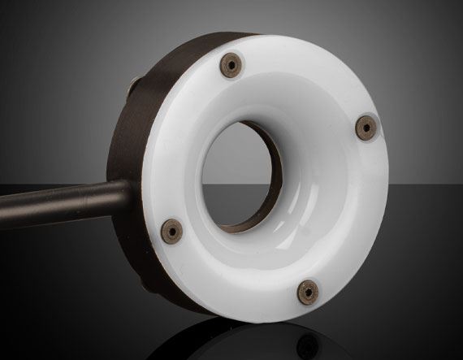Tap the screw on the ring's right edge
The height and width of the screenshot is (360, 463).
367,127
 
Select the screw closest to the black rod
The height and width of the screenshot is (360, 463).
172,229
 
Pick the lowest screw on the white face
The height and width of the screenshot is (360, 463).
309,290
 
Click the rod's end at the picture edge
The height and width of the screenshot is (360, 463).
3,214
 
